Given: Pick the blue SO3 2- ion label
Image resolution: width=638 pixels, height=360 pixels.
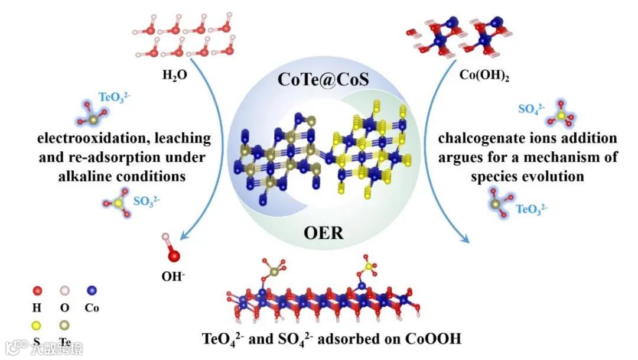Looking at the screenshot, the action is pyautogui.click(x=146, y=201).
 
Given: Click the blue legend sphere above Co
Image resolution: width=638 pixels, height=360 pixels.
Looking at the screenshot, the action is pyautogui.click(x=92, y=291).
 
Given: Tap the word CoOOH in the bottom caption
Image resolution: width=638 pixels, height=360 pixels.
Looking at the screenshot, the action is pyautogui.click(x=432, y=339).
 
